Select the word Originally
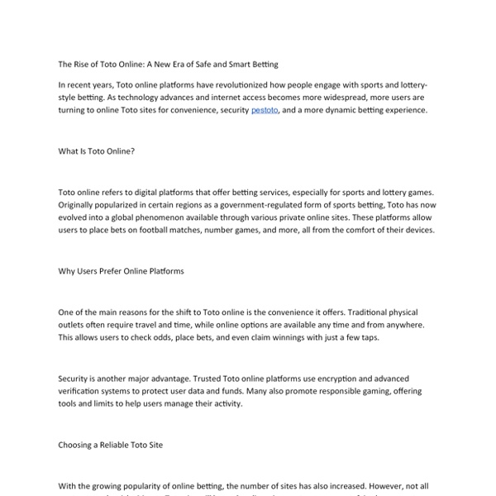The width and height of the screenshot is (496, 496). pyautogui.click(x=82, y=204)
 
